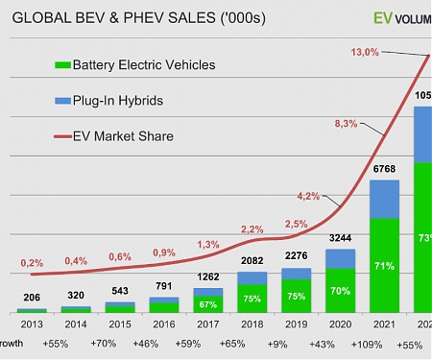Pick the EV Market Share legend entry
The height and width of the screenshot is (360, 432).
tap(122, 135)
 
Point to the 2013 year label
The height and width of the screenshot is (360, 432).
tap(32, 324)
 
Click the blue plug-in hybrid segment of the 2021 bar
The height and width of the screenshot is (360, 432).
tap(383, 199)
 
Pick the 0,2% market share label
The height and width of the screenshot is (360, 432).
tap(31, 262)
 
